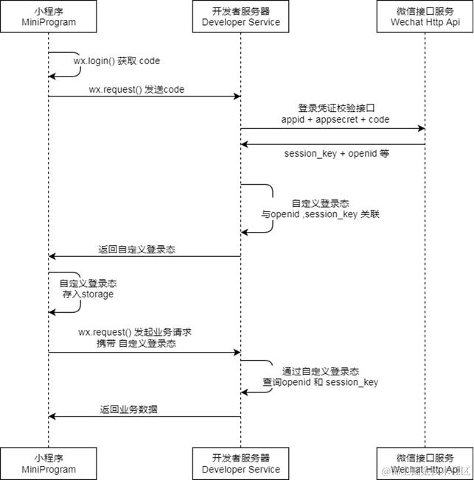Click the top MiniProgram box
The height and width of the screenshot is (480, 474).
(x=49, y=17)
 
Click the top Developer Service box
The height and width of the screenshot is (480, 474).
(x=241, y=17)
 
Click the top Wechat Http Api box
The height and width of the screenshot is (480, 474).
(x=425, y=17)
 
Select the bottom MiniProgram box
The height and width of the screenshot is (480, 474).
(x=49, y=463)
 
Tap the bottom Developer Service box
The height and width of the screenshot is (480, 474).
(x=241, y=463)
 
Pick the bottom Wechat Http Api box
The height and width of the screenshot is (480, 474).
(x=425, y=463)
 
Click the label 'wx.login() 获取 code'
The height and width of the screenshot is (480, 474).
(x=116, y=61)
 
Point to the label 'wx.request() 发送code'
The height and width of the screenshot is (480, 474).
(x=136, y=89)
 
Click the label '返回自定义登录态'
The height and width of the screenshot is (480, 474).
(x=136, y=250)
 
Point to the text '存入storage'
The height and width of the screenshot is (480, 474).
(x=87, y=294)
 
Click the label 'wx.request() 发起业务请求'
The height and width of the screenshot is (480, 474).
(x=135, y=332)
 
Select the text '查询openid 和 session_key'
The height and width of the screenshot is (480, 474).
(x=321, y=383)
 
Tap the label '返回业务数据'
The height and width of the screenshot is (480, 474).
(x=133, y=409)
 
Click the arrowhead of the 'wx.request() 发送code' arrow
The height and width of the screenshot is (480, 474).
(x=237, y=96)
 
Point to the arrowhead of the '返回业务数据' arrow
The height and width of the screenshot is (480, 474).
(x=52, y=417)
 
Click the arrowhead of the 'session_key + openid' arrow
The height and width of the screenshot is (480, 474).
(x=245, y=144)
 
